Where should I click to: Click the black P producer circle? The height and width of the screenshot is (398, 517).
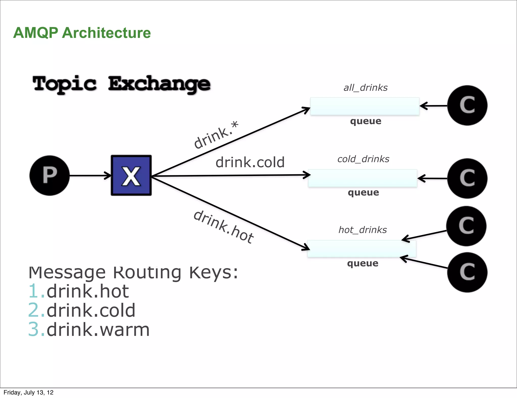click(x=49, y=176)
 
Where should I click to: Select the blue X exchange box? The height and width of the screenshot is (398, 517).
click(x=131, y=176)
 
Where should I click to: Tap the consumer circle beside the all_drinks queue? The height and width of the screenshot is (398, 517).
click(x=467, y=105)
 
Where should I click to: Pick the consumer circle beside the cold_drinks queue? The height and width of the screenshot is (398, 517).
click(x=467, y=178)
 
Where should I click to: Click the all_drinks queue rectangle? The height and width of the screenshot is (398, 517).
click(x=365, y=106)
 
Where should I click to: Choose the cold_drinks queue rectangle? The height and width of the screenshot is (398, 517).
click(x=363, y=178)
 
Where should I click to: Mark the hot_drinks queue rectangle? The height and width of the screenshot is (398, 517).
click(x=361, y=249)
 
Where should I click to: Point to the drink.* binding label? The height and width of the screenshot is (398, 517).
click(x=216, y=135)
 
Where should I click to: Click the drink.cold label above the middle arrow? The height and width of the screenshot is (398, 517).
click(x=250, y=162)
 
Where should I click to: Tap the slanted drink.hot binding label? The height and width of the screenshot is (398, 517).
click(x=223, y=227)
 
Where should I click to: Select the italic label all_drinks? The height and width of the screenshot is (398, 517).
click(x=365, y=88)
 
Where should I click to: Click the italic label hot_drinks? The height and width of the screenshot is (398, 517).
click(x=363, y=230)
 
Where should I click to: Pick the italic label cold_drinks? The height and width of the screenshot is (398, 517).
click(x=363, y=159)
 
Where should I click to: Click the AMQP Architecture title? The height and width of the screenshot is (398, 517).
click(x=82, y=33)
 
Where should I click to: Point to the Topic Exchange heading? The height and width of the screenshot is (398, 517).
click(x=121, y=84)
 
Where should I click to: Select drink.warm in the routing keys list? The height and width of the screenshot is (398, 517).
click(x=98, y=330)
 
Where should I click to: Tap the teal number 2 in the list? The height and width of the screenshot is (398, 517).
click(x=34, y=310)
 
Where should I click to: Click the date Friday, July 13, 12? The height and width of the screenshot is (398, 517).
click(x=29, y=392)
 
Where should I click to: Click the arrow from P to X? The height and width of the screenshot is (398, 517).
click(x=90, y=176)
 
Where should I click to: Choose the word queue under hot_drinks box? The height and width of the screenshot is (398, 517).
click(x=363, y=263)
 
